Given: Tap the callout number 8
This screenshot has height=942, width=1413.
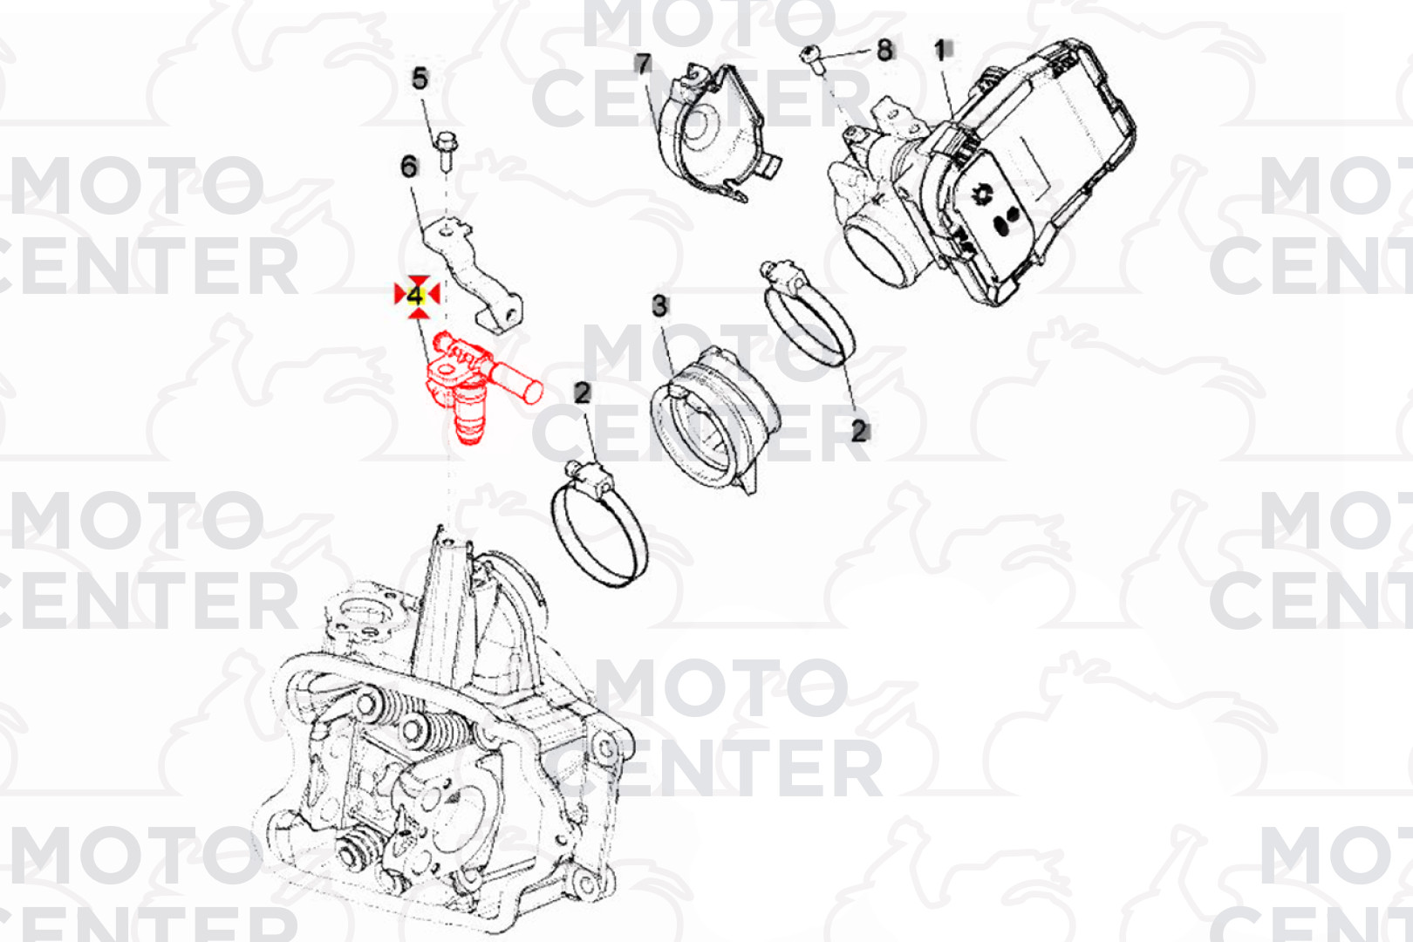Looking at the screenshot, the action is pyautogui.click(x=885, y=50).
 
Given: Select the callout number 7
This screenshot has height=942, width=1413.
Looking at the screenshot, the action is pyautogui.click(x=642, y=65).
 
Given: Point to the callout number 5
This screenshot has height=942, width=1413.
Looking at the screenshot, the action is pyautogui.click(x=420, y=78).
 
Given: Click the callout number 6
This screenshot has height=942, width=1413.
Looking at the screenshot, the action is pyautogui.click(x=409, y=167).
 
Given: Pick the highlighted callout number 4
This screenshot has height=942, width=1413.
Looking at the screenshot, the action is pyautogui.click(x=416, y=296).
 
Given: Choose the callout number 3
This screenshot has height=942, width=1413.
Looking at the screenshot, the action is pyautogui.click(x=659, y=307).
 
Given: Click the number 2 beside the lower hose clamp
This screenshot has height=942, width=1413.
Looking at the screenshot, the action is pyautogui.click(x=582, y=393).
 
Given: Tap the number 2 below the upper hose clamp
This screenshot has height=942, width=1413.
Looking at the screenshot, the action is pyautogui.click(x=858, y=432).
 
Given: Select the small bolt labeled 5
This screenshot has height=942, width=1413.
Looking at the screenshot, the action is pyautogui.click(x=446, y=151).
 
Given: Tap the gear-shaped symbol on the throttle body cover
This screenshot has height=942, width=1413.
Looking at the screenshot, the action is pyautogui.click(x=981, y=195).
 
